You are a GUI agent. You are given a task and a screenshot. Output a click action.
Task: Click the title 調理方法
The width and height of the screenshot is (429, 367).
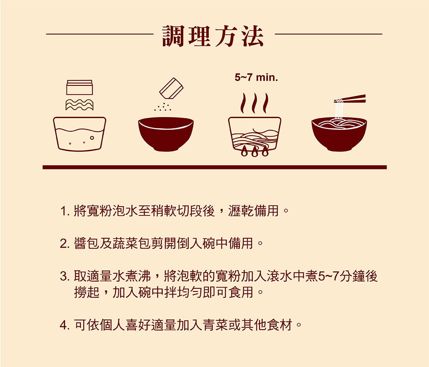[213, 36]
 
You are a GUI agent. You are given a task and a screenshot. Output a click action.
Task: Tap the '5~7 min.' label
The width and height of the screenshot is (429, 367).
[256, 77]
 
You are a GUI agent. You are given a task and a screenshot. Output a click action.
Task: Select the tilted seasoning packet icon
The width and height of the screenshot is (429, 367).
[171, 88]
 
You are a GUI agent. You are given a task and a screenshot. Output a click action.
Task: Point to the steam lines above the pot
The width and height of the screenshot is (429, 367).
[254, 103]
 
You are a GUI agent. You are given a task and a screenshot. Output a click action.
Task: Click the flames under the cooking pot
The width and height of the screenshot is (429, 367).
[254, 152]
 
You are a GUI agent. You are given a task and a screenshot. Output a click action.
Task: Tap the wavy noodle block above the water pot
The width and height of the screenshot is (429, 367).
[79, 105]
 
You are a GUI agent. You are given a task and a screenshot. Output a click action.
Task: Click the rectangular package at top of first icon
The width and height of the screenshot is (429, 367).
[80, 87]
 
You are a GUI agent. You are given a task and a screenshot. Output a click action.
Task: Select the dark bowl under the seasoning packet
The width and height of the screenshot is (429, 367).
[166, 134]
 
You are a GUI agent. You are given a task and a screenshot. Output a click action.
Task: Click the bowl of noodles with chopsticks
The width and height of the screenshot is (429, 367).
[339, 134]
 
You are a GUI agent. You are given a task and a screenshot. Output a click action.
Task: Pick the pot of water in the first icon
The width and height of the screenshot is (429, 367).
[80, 134]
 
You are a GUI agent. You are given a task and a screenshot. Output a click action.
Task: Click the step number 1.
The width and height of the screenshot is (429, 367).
[64, 212]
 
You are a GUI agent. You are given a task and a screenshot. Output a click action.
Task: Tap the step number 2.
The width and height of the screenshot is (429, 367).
[64, 244]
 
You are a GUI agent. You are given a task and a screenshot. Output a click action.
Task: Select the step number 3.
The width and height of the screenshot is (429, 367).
[64, 276]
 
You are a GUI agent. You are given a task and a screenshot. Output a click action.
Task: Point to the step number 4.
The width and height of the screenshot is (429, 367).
[64, 325]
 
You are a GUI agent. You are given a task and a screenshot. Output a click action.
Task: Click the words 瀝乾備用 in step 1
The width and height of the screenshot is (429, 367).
[254, 211]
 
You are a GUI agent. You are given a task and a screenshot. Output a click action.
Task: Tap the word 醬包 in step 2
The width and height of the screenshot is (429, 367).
[87, 243]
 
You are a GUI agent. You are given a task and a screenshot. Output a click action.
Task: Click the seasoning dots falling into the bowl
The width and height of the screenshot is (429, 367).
[163, 107]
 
